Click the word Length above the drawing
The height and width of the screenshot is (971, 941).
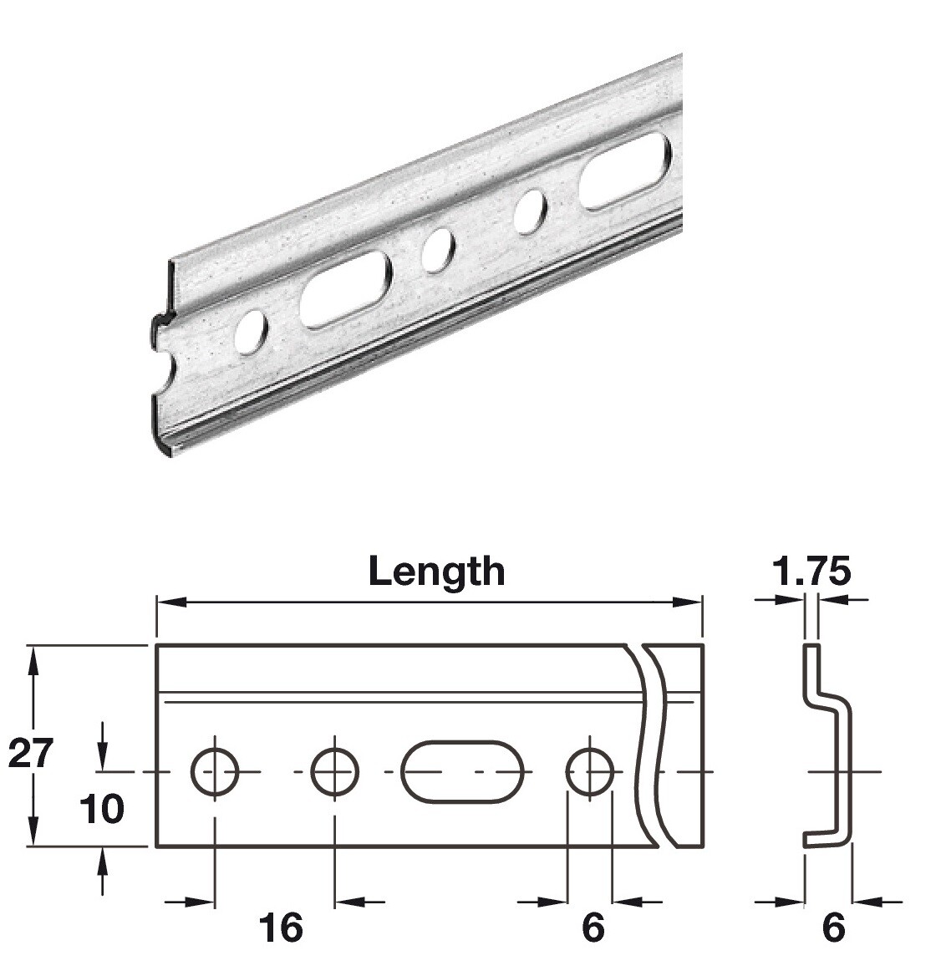coord(436,572)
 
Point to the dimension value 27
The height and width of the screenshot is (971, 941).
coord(31,753)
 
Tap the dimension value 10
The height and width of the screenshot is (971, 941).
coord(102,809)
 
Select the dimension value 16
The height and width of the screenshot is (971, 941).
coord(280,928)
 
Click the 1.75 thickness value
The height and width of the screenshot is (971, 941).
coord(811,572)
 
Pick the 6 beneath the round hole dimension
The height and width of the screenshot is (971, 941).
coord(592,928)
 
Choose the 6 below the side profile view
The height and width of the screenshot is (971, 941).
coord(833,928)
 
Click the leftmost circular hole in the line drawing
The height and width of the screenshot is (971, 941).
coord(215,770)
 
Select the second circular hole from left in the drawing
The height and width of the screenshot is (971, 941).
coord(334,770)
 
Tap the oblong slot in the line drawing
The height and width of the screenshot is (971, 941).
coord(462,770)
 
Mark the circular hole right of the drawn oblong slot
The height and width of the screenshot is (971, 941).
coord(589,770)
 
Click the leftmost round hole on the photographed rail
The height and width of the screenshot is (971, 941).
coord(250,331)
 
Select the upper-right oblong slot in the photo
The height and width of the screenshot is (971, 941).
coord(624,172)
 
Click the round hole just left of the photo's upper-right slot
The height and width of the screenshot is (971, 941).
coord(530,211)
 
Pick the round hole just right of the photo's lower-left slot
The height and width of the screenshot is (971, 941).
coord(437,250)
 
